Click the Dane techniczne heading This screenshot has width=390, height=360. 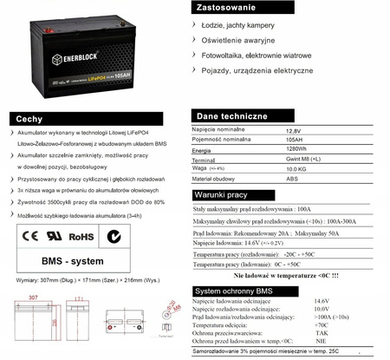click(227, 115)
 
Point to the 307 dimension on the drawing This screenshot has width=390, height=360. click(34, 296)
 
